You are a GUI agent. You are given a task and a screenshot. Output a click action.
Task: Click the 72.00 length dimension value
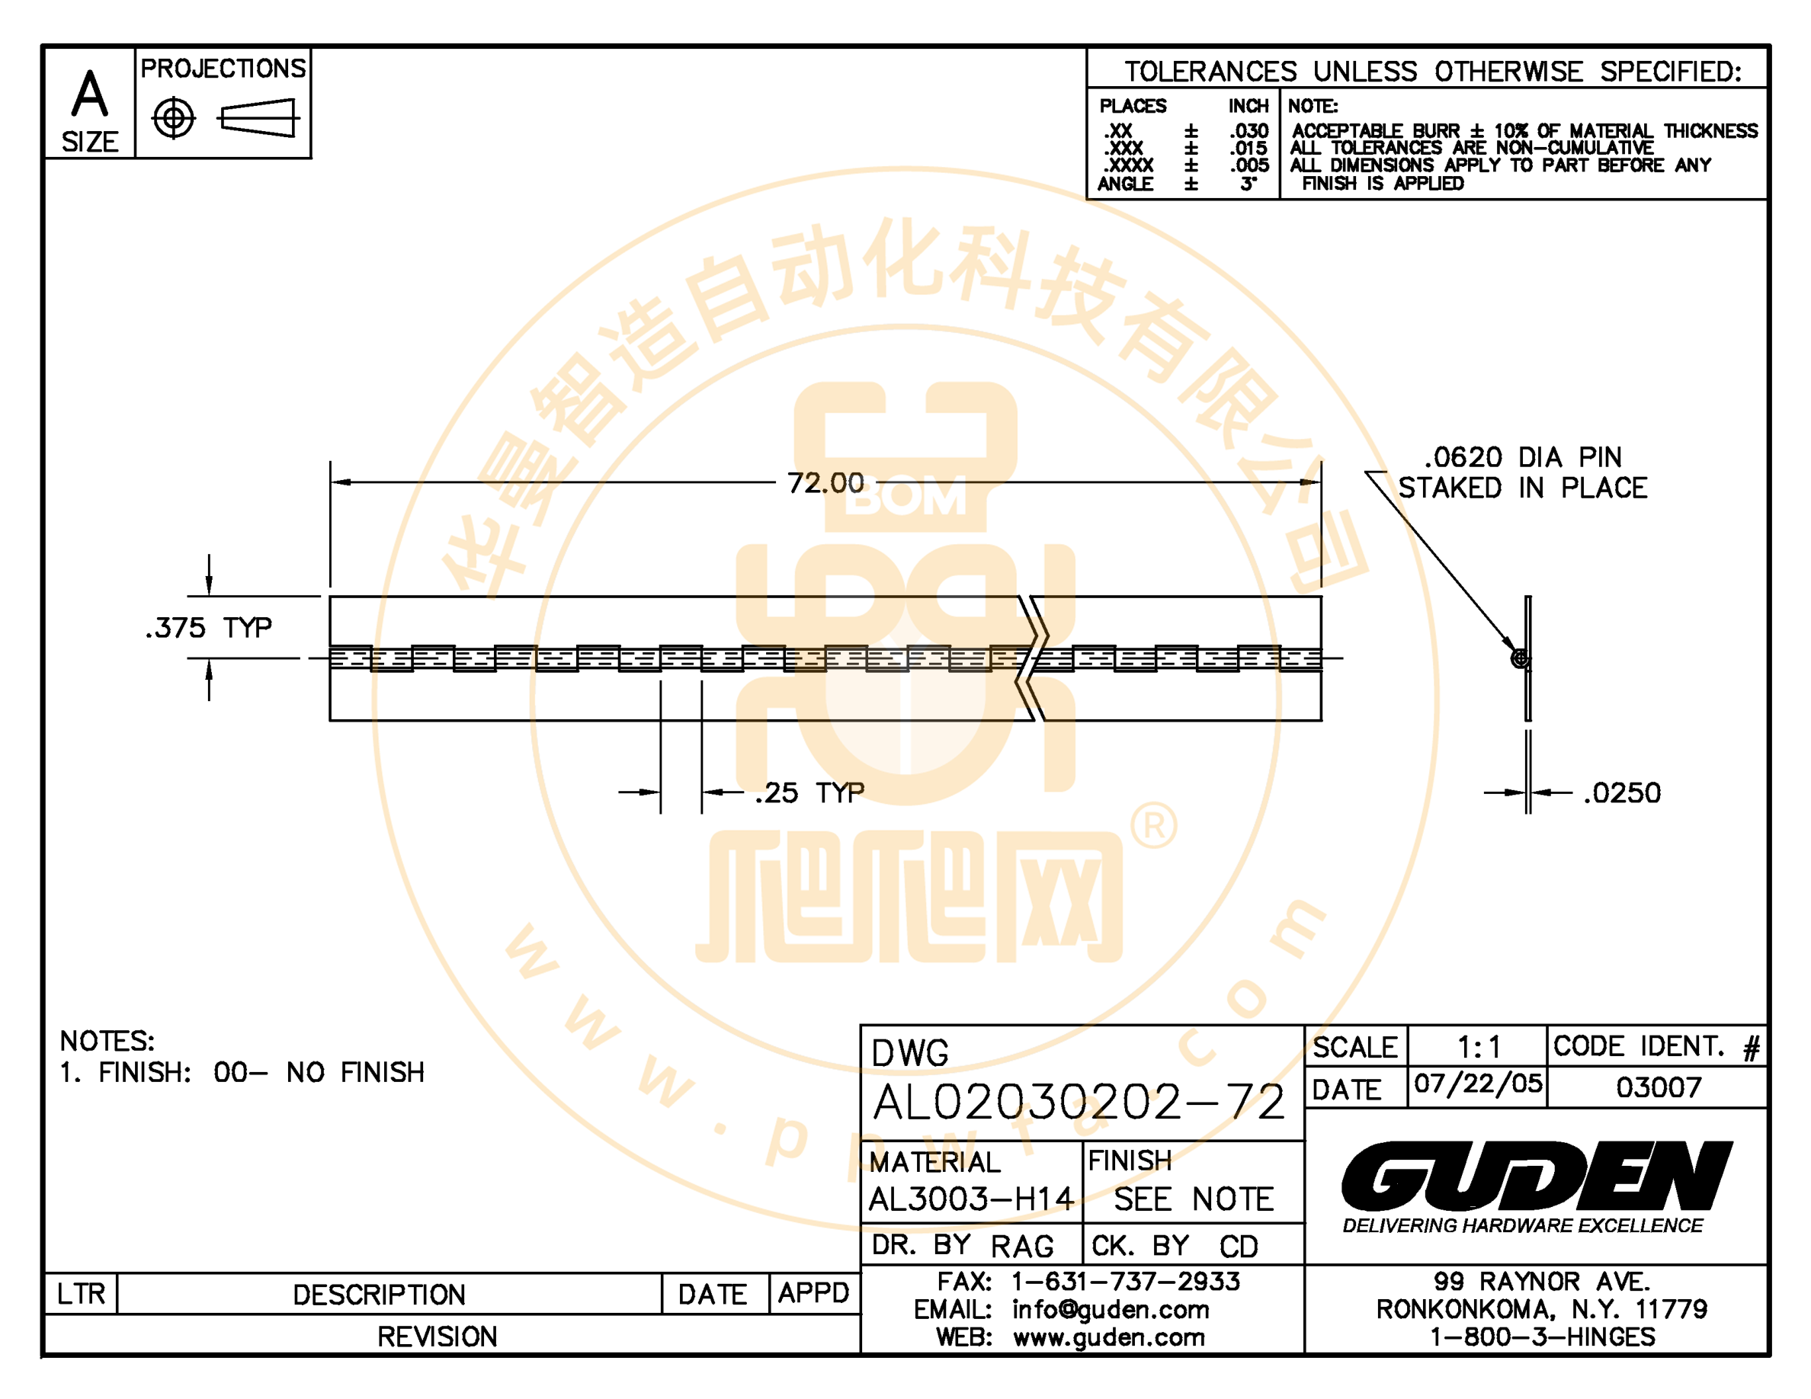click(x=825, y=482)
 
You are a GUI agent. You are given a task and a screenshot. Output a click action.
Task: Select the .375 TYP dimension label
click(x=208, y=627)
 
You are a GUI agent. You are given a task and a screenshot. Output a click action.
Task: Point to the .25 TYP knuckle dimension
click(x=809, y=792)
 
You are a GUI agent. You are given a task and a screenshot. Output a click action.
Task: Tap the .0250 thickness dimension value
click(x=1622, y=792)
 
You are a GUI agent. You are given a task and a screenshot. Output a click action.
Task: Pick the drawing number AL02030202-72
click(x=1079, y=1102)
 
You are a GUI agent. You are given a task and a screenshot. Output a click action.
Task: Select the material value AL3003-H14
click(x=971, y=1199)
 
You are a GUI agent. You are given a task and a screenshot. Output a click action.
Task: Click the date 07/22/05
click(x=1478, y=1084)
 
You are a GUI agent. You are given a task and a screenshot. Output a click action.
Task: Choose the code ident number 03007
click(x=1659, y=1087)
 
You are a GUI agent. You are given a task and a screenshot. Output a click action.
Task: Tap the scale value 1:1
click(x=1479, y=1048)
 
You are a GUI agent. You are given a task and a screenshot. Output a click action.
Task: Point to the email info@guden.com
click(x=1111, y=1310)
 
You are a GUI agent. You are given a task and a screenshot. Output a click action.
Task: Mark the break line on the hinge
click(x=1032, y=658)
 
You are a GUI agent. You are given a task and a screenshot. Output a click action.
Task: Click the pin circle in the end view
click(x=1520, y=659)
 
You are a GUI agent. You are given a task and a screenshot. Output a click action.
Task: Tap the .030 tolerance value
click(x=1248, y=131)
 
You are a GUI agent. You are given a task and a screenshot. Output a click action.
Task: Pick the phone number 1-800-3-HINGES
click(x=1543, y=1337)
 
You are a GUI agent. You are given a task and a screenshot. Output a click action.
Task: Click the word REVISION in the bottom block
click(x=437, y=1337)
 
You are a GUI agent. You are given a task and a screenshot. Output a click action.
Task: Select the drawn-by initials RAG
click(x=1021, y=1246)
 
